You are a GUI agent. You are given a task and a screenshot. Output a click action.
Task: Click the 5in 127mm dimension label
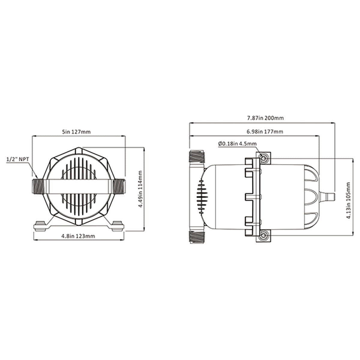coord(79,132)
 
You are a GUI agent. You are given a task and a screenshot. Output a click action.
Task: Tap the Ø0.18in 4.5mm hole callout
coord(238,144)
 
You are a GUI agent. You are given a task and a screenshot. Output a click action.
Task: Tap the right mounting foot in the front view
coord(117,225)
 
